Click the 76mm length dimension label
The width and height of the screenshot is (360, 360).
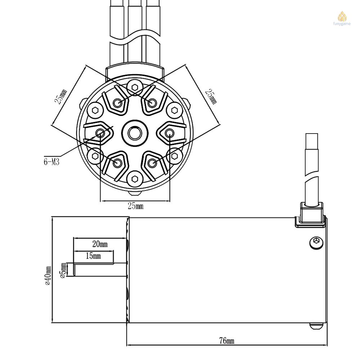tap(227, 341)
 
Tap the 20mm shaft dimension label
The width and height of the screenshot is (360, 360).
tap(100, 244)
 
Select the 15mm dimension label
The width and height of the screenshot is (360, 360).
tap(93, 256)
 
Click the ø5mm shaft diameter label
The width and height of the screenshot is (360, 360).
tap(63, 270)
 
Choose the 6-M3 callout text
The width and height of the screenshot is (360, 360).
tap(51, 162)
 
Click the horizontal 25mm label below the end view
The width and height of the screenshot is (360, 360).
tap(135, 206)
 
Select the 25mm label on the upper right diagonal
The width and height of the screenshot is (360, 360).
tap(211, 96)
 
